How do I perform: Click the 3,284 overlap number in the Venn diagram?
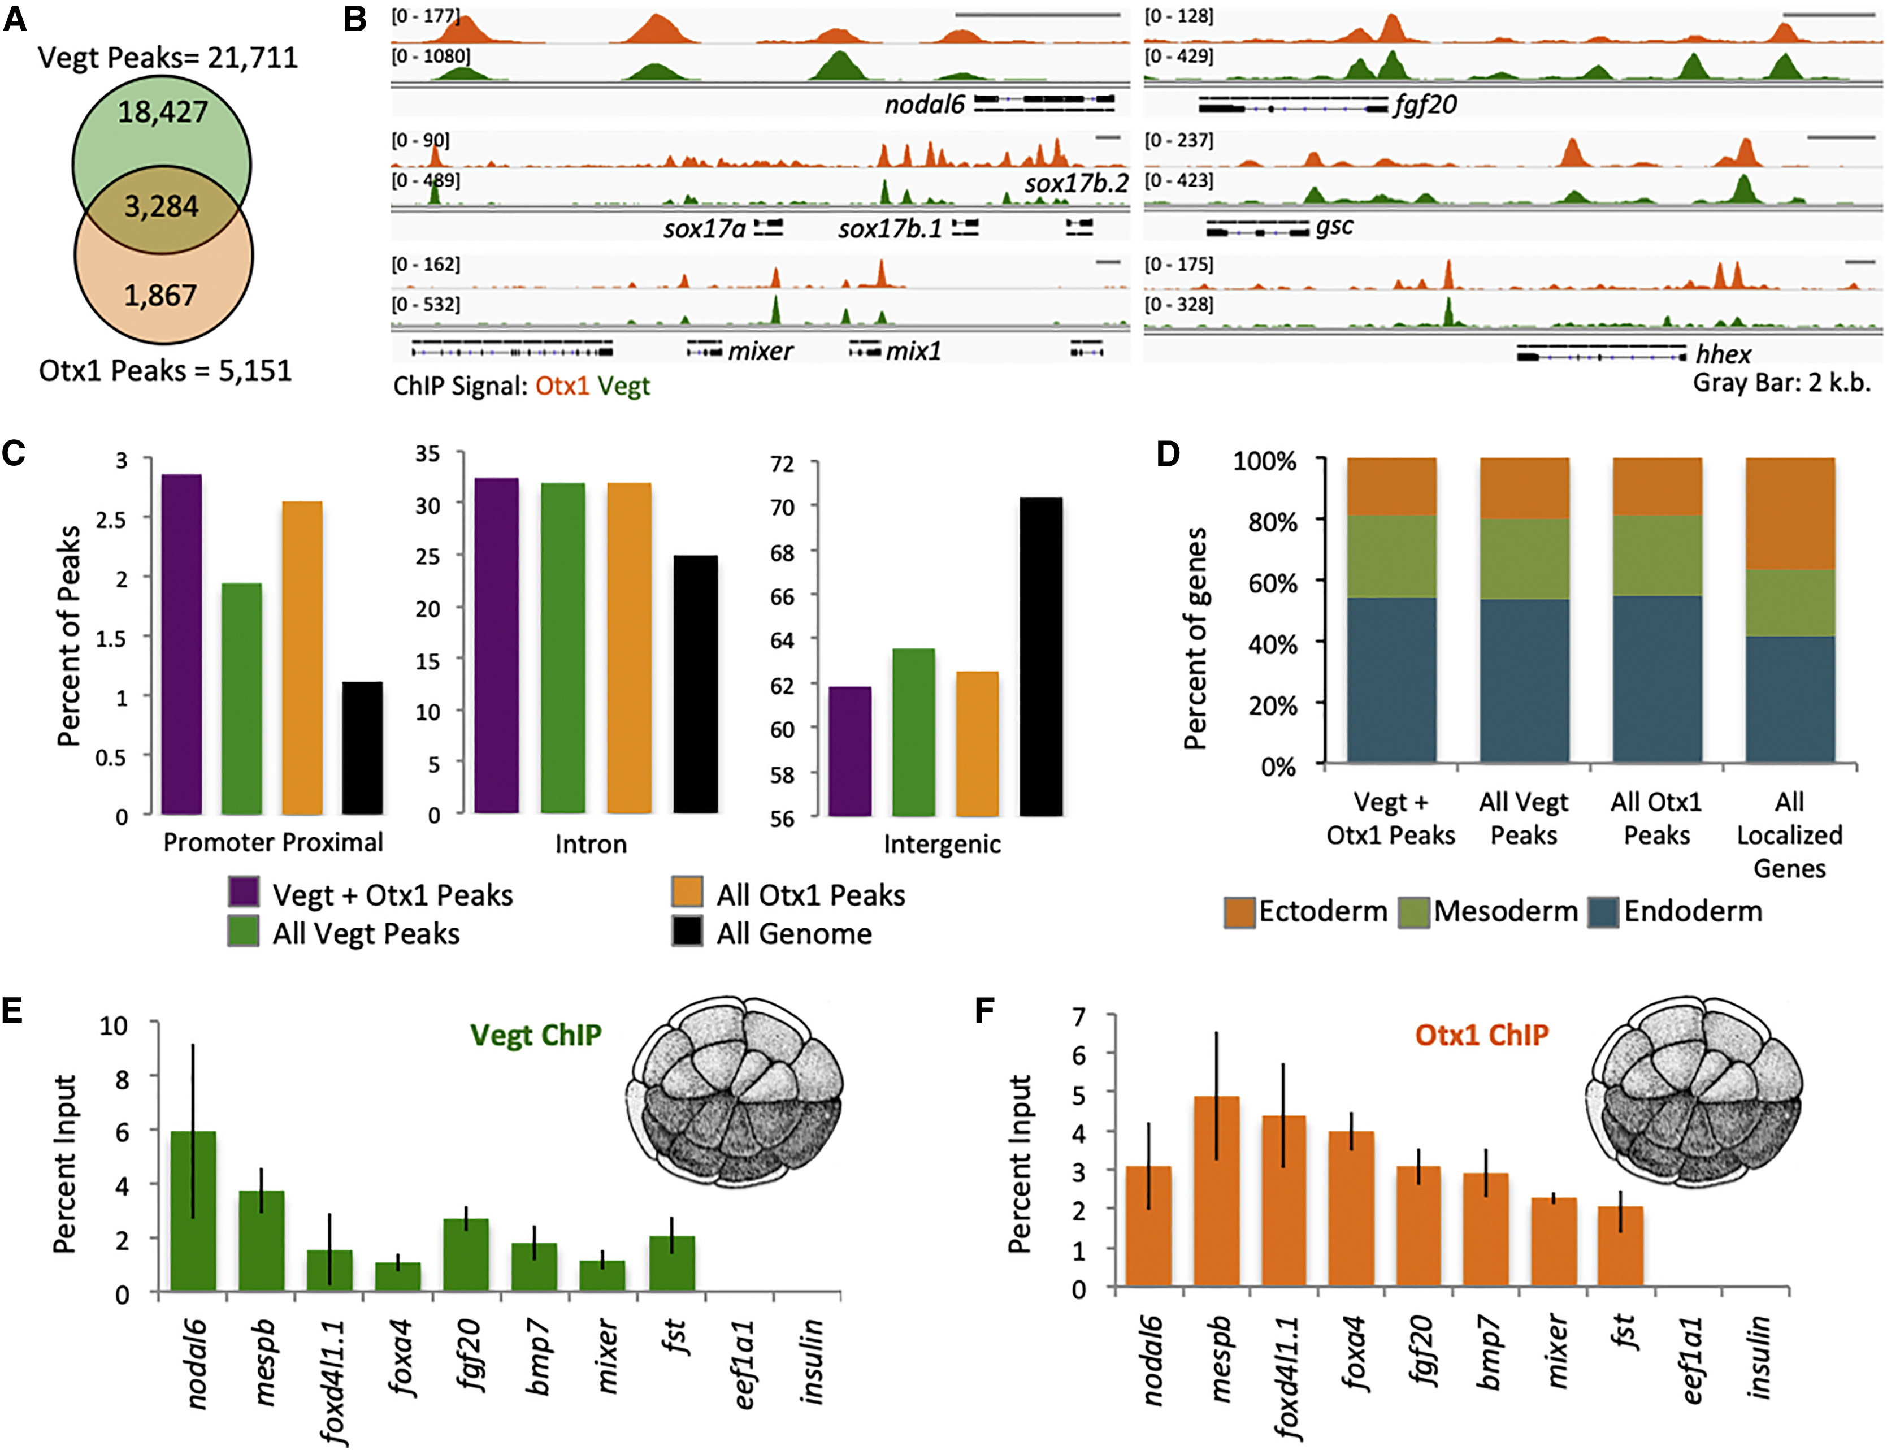162,207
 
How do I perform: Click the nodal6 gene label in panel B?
924,105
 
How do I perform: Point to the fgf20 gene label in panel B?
1425,105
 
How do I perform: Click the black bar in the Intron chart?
696,683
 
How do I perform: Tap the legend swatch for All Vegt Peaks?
244,933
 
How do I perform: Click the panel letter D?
1168,453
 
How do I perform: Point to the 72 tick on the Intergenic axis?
782,464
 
